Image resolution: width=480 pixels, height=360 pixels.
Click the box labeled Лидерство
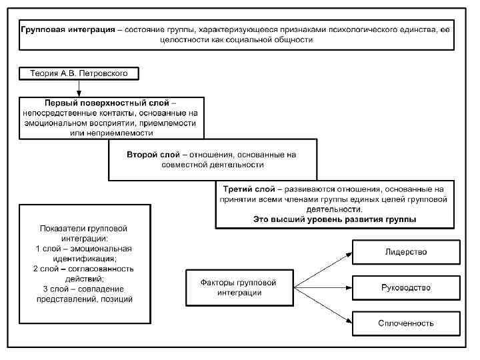click(405, 252)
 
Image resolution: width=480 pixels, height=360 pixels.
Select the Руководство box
click(405, 288)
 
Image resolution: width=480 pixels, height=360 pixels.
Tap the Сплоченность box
click(405, 323)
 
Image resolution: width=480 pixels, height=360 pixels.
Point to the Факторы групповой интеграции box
click(238, 288)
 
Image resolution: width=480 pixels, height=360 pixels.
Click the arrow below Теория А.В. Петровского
click(79, 87)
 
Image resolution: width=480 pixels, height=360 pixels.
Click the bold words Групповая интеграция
click(67, 30)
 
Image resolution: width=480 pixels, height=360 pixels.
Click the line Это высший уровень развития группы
click(334, 219)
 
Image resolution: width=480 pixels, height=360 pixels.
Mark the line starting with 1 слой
click(83, 249)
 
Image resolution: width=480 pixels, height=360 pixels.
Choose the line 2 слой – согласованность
click(83, 269)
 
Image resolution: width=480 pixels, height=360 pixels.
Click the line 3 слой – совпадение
click(83, 289)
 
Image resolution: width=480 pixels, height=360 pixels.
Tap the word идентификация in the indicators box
click(83, 259)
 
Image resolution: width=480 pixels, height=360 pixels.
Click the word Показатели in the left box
click(61, 228)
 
